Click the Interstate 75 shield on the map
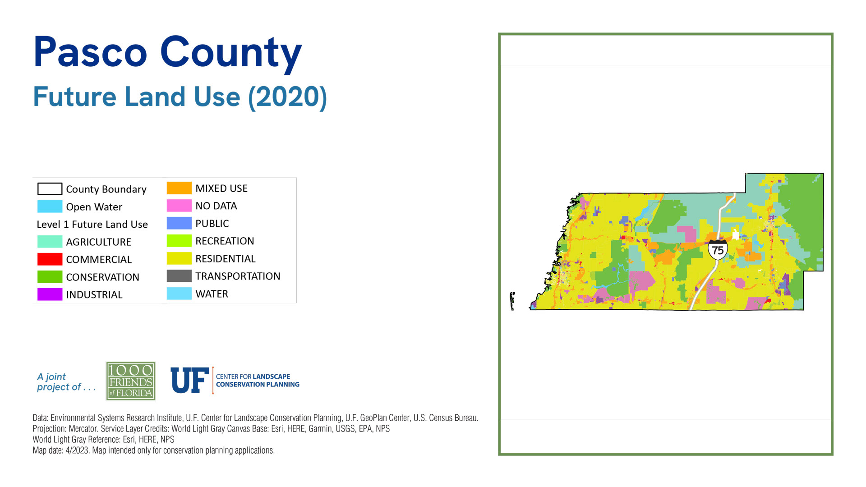tap(718, 249)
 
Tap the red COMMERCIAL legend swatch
tap(50, 259)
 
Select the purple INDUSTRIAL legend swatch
tap(50, 294)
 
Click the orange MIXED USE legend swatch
tap(179, 188)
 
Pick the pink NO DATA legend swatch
tap(179, 206)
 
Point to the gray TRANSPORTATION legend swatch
tap(179, 276)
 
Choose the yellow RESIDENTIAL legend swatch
tap(179, 258)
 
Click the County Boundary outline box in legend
tap(50, 189)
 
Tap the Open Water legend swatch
tap(50, 207)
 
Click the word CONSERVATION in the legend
tap(102, 277)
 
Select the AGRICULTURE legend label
tap(98, 242)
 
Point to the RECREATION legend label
tap(225, 241)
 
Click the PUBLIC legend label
tap(212, 224)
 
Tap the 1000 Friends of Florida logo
tap(131, 381)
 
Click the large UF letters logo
tap(189, 380)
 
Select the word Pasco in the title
tap(90, 52)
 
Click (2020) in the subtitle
tap(287, 96)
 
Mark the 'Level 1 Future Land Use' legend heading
tap(92, 225)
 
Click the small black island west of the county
tap(512, 301)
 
